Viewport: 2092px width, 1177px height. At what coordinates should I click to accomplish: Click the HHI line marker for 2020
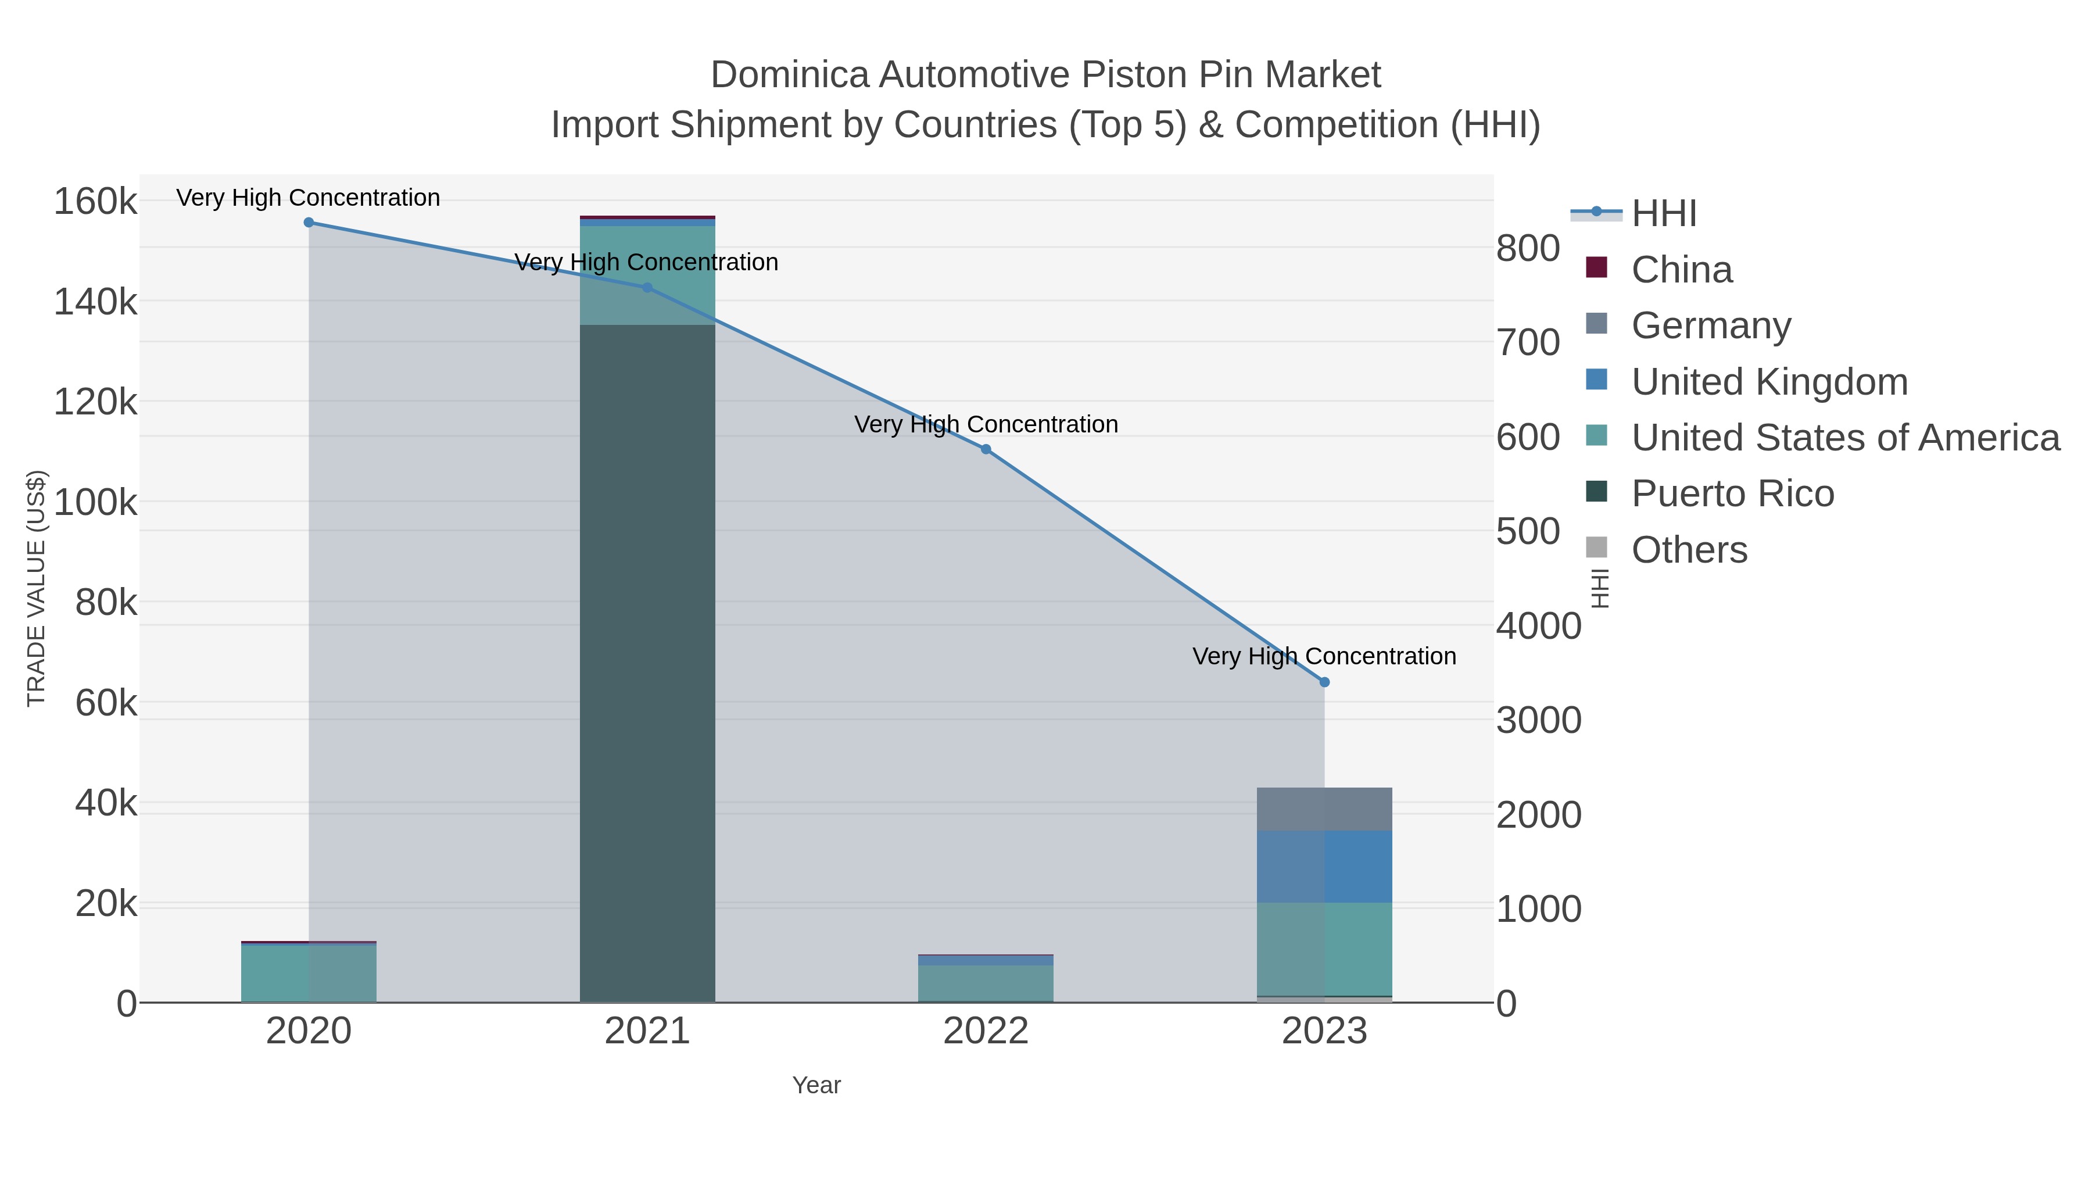point(309,223)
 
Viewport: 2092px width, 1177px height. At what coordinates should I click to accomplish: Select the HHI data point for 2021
point(647,288)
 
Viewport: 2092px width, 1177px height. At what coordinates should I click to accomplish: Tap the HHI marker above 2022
point(986,449)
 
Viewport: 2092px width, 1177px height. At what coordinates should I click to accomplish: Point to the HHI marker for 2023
point(1324,682)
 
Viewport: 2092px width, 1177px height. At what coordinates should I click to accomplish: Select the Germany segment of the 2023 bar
point(1324,809)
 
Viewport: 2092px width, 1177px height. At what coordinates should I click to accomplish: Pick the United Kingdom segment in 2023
point(1324,866)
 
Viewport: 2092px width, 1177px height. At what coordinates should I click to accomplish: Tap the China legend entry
point(1681,270)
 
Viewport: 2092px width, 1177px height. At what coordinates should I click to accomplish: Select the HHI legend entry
point(1663,214)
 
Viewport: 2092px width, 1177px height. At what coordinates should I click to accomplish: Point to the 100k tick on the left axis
point(96,503)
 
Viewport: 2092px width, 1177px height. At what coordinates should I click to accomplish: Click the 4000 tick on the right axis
point(1538,626)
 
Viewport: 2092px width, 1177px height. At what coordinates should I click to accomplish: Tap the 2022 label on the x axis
point(986,1032)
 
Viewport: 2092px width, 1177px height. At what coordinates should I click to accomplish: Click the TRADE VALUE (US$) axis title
point(37,588)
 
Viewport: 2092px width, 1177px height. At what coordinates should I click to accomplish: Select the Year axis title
point(816,1085)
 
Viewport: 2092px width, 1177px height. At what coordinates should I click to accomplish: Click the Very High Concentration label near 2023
point(1324,656)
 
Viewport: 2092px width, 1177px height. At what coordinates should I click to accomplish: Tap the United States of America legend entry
point(1845,438)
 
